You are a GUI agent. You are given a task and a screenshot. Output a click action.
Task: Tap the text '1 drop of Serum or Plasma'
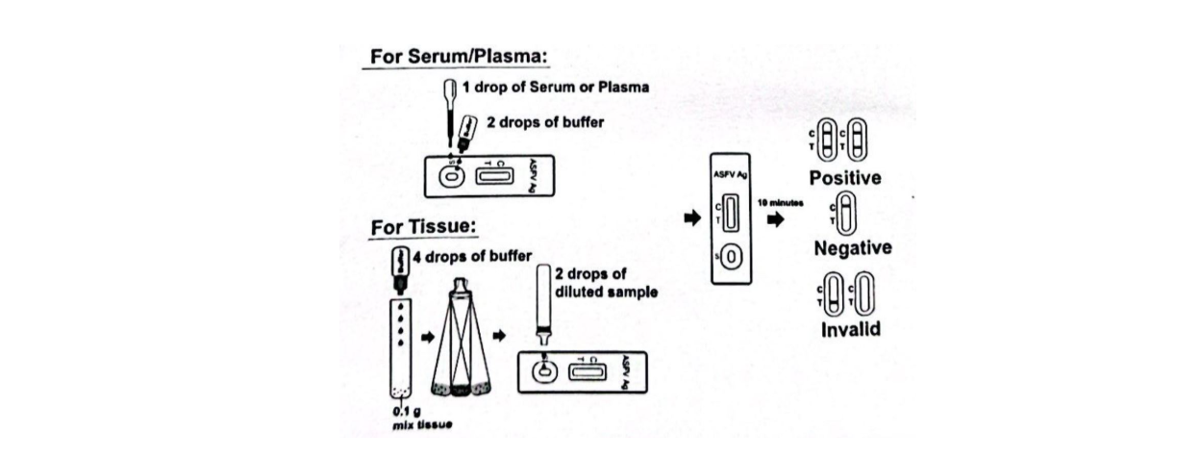click(x=556, y=87)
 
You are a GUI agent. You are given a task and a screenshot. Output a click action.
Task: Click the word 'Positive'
click(x=844, y=178)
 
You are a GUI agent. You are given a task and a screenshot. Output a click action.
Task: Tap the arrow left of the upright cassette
click(x=690, y=219)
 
